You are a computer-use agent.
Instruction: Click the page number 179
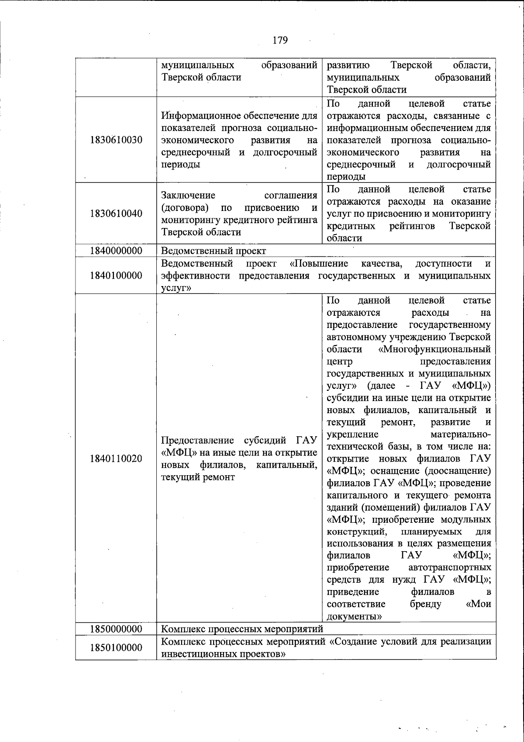[280, 41]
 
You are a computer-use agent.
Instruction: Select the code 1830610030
[116, 140]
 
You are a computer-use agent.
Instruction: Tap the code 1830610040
[116, 214]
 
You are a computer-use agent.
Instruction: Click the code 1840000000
[116, 251]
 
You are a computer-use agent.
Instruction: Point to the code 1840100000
[116, 276]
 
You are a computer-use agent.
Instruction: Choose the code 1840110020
[116, 459]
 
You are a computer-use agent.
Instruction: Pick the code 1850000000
[116, 629]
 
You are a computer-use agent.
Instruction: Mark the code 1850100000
[116, 648]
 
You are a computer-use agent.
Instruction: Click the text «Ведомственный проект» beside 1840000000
[214, 251]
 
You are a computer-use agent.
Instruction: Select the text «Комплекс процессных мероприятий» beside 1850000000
[242, 629]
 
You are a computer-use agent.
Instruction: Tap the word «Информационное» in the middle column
[196, 116]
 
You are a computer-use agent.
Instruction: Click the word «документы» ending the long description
[355, 617]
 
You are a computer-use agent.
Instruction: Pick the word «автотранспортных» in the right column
[449, 568]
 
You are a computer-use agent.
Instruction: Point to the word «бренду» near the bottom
[425, 604]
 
